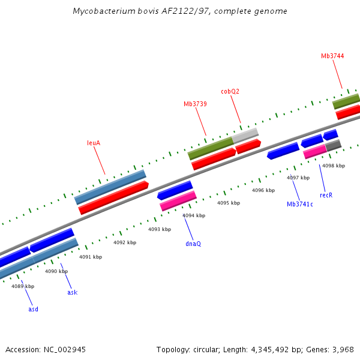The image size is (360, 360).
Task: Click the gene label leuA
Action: click(93, 143)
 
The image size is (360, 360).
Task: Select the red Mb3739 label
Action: click(195, 104)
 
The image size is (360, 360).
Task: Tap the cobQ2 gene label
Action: click(230, 91)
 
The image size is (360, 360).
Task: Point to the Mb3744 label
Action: click(332, 56)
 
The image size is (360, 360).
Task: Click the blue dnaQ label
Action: click(193, 244)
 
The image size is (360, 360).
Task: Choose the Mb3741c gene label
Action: click(300, 204)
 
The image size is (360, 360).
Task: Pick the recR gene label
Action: click(326, 195)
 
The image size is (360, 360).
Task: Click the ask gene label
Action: click(72, 292)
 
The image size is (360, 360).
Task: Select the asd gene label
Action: click(33, 309)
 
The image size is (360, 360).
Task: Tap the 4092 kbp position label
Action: click(125, 242)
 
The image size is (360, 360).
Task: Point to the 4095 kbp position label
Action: click(228, 203)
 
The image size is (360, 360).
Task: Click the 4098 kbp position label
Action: click(334, 166)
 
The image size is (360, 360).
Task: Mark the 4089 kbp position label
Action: click(23, 286)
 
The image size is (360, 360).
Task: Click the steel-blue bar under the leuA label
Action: click(110, 187)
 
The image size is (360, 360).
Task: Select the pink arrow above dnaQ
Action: click(178, 201)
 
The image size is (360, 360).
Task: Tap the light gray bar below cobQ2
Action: click(245, 135)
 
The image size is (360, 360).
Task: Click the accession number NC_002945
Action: click(65, 349)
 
